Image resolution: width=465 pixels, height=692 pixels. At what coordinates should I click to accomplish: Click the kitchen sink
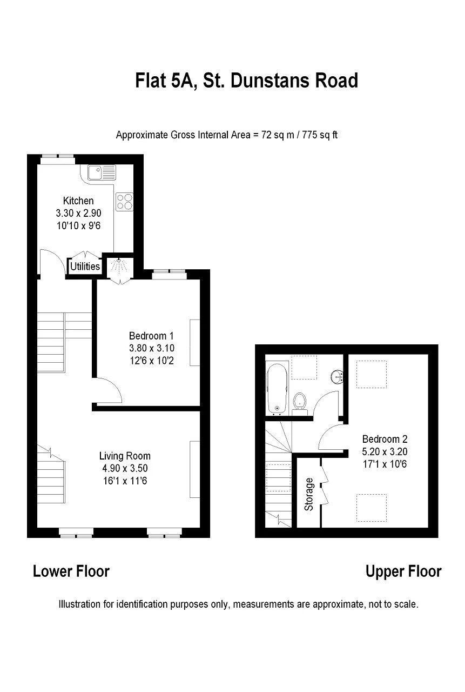coord(102,172)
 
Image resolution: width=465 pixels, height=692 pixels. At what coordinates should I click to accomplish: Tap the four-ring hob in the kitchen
coord(124,201)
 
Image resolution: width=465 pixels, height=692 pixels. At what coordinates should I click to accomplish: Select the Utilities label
coord(85,267)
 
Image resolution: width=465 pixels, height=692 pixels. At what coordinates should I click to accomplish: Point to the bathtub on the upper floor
coord(277,388)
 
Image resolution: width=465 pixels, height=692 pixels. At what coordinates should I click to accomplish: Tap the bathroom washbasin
coord(338,376)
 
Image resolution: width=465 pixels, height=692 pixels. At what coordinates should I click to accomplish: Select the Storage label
coord(309,494)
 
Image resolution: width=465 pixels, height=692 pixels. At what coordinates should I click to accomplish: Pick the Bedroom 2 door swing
coord(331,437)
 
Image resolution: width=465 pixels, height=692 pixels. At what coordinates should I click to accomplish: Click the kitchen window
coord(58,158)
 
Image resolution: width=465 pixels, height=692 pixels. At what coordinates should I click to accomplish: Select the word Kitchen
coord(78,201)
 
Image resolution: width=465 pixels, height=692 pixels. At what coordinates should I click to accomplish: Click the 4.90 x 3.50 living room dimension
coord(125,468)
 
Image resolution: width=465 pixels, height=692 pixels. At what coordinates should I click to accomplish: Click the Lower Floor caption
coord(71,571)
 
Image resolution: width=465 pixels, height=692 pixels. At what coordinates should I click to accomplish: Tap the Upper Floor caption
coord(403,571)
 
